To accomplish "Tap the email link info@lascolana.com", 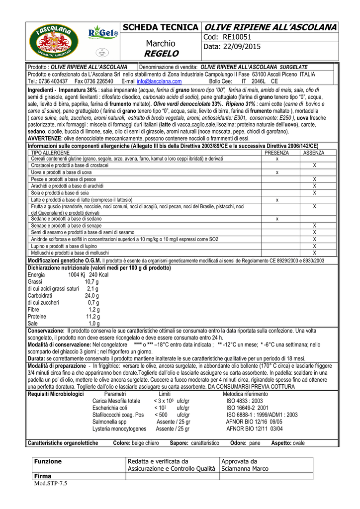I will (x=159, y=81).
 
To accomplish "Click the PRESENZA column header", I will (x=276, y=153).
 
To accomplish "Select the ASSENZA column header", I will (x=314, y=153).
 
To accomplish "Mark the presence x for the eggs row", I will (x=277, y=172).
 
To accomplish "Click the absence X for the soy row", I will (x=314, y=192).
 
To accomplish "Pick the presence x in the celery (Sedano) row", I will (x=277, y=219).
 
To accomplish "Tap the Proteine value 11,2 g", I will (x=93, y=316).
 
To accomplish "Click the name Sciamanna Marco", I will (x=245, y=468).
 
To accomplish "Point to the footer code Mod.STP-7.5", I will (x=50, y=483).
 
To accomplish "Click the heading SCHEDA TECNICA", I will (x=160, y=27).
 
